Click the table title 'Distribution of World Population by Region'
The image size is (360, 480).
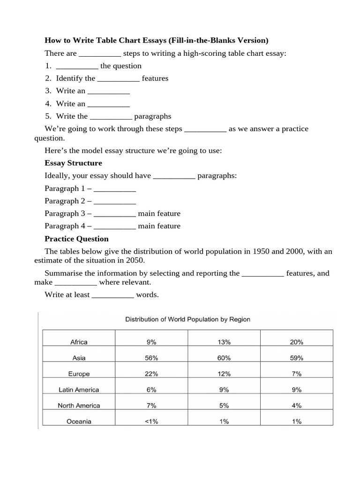187,319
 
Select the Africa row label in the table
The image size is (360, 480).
79,342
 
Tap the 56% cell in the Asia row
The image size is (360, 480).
151,358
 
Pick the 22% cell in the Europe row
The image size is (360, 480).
151,374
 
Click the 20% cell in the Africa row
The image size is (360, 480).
296,342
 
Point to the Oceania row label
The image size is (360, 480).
79,421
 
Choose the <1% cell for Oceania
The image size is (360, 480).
151,421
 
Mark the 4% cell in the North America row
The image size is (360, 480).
296,405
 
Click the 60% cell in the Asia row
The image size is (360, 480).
224,358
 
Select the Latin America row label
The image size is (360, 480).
79,390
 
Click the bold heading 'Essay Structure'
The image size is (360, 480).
73,163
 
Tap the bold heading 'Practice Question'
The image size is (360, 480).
76,239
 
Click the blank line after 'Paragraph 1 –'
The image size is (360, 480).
115,190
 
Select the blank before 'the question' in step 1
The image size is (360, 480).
77,67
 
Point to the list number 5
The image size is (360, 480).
48,116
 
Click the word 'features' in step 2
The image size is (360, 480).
155,78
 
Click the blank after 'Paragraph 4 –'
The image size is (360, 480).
115,227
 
